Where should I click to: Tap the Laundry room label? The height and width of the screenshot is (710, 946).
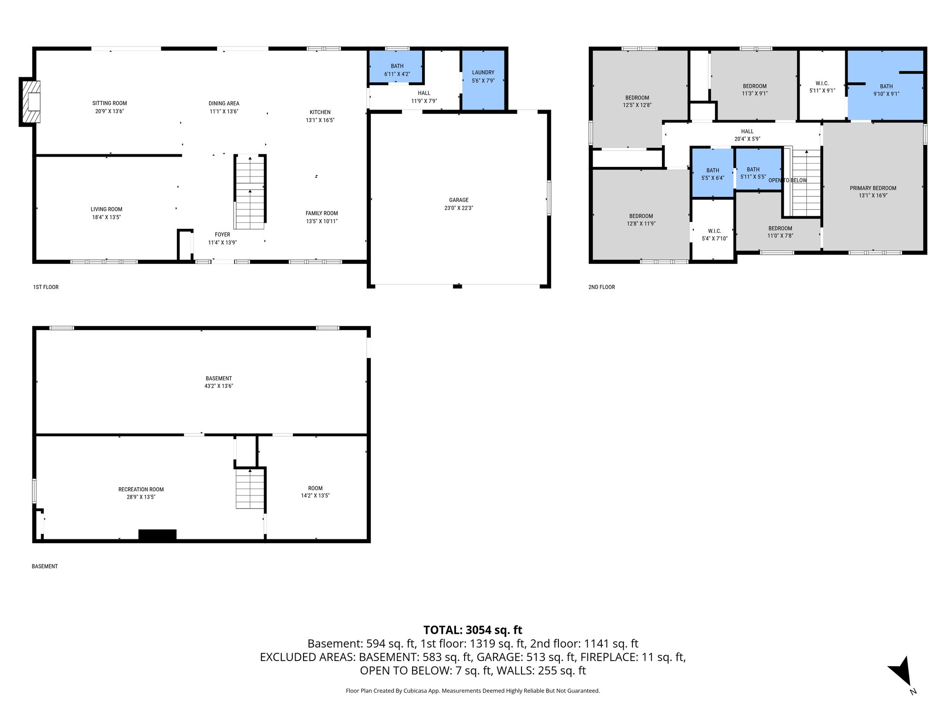pos(483,73)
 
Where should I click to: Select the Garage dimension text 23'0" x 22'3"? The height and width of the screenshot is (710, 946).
pos(459,208)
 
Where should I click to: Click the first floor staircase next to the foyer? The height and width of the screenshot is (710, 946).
pos(250,192)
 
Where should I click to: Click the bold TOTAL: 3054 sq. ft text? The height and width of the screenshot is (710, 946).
pos(473,630)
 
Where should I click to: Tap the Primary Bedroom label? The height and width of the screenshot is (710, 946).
pos(873,188)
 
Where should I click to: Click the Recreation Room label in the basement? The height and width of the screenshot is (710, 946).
pos(141,490)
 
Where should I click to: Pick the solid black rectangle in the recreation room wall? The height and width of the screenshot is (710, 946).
pos(158,534)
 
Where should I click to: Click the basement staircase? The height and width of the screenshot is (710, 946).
pos(250,489)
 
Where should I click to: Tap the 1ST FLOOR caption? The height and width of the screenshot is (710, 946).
pos(46,287)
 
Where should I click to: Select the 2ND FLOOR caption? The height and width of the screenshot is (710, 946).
pos(601,287)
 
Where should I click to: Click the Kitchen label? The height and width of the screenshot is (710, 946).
pos(320,112)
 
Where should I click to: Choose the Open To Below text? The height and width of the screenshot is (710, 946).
pos(788,180)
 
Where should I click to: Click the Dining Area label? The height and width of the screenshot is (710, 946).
pos(224,104)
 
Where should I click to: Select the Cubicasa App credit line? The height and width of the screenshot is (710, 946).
pos(473,691)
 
